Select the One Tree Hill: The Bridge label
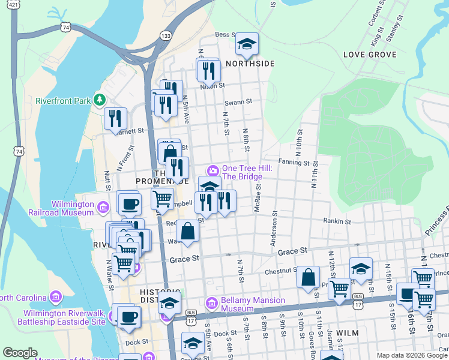coord(243,172)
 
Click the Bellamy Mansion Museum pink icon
coord(210,304)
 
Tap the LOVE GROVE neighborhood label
coord(370,55)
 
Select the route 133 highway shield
coord(164,36)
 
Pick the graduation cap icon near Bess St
coord(246,44)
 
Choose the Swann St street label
coord(239,103)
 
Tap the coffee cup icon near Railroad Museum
coord(128,203)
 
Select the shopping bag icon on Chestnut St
coord(307,278)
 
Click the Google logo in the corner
coord(20,353)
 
